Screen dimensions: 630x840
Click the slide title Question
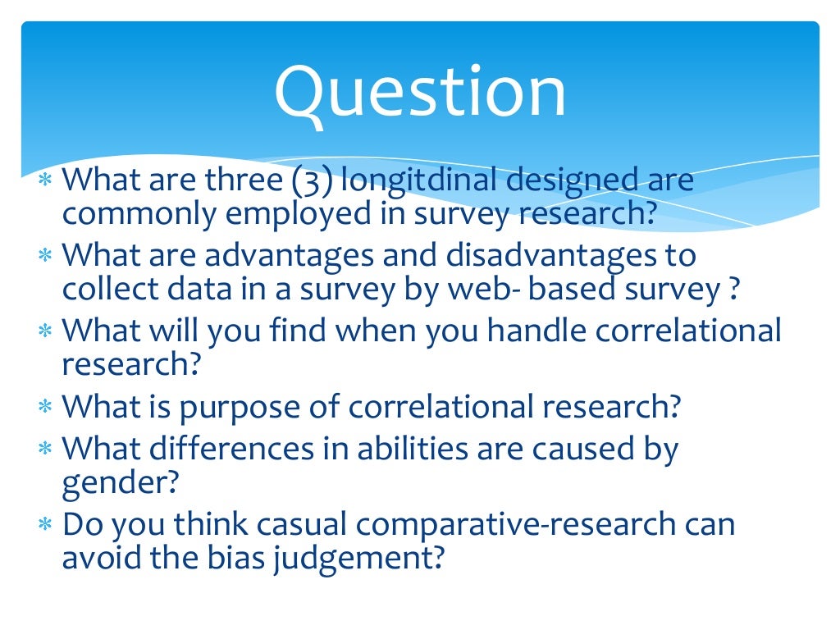click(x=420, y=94)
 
